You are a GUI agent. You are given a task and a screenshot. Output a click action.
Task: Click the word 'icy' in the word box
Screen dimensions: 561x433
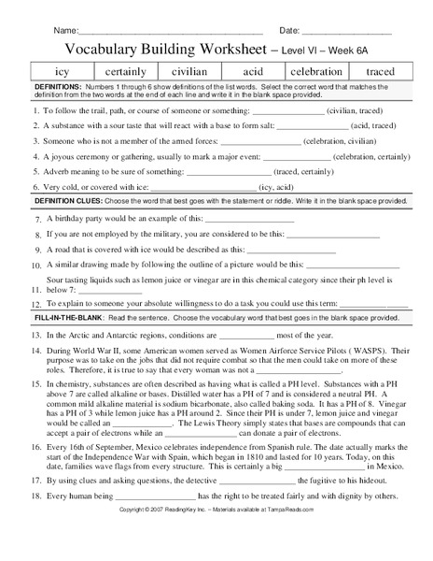(x=63, y=71)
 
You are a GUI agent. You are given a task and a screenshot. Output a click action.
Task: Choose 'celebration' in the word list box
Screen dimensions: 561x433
(x=315, y=71)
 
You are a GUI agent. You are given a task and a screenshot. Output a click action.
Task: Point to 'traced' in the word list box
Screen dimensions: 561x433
(x=380, y=71)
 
